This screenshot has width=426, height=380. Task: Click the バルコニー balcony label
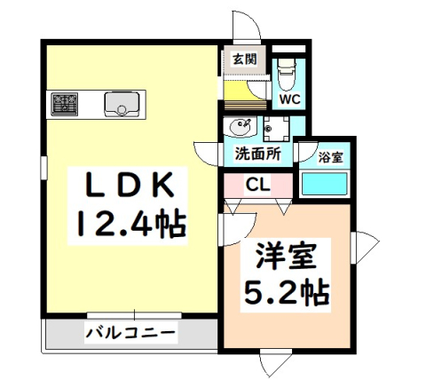click(x=130, y=335)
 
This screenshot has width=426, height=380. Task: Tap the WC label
click(x=289, y=99)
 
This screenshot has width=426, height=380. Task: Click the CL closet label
click(x=259, y=186)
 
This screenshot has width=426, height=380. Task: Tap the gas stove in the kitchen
click(x=66, y=105)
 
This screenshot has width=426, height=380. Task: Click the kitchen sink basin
click(x=118, y=105)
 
